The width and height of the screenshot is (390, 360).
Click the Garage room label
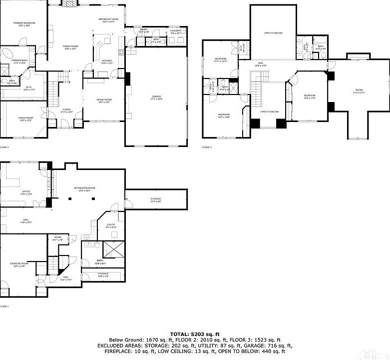(x=156, y=97)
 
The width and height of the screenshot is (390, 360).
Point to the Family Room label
(x=70, y=47)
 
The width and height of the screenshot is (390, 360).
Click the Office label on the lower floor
(x=26, y=192)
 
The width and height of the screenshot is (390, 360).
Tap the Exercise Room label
(x=19, y=264)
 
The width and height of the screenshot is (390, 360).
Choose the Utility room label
(x=111, y=226)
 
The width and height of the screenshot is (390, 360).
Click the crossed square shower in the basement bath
(x=114, y=248)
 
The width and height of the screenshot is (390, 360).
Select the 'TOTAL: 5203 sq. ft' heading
(x=195, y=333)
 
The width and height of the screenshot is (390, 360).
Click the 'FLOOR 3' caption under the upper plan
(x=207, y=147)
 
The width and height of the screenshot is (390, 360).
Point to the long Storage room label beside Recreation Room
(x=155, y=199)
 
